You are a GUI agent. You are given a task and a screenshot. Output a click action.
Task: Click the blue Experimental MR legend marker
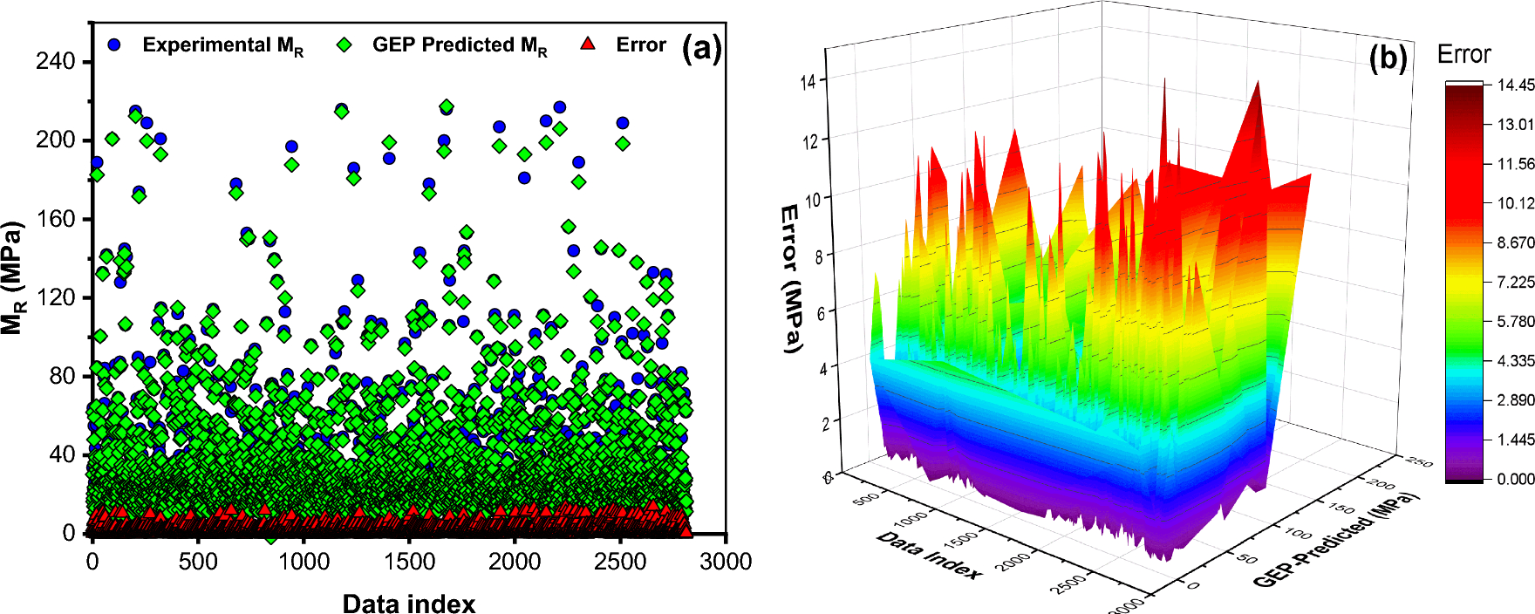pos(114,44)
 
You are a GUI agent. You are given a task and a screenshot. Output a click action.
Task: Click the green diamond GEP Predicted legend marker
pos(345,44)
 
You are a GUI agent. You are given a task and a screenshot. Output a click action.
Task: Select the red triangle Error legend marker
pos(588,44)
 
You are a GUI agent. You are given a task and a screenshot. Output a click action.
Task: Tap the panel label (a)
pos(701,48)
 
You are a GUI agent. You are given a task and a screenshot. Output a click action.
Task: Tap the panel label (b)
pos(1388,58)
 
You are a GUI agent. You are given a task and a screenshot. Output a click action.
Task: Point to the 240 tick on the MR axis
pos(55,61)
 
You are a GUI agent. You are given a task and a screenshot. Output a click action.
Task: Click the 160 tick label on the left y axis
pos(55,219)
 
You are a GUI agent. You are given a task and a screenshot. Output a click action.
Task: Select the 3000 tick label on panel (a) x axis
pos(726,562)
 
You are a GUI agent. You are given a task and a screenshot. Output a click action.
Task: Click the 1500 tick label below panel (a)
pos(409,562)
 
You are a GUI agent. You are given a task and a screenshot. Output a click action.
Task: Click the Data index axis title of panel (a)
pos(408,604)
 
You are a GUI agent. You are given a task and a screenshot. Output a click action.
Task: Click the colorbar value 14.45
pos(1516,85)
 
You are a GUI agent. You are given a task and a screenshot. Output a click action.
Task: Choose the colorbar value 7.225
pos(1516,282)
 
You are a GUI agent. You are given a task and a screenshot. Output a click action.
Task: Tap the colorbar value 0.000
pos(1516,479)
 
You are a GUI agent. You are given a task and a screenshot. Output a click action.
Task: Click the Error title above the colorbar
pos(1463,54)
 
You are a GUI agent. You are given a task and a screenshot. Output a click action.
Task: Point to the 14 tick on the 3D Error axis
pos(808,82)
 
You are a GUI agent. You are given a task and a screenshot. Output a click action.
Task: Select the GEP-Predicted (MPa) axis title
pos(1335,540)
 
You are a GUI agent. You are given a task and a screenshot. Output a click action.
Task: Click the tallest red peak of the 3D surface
pos(1258,83)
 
